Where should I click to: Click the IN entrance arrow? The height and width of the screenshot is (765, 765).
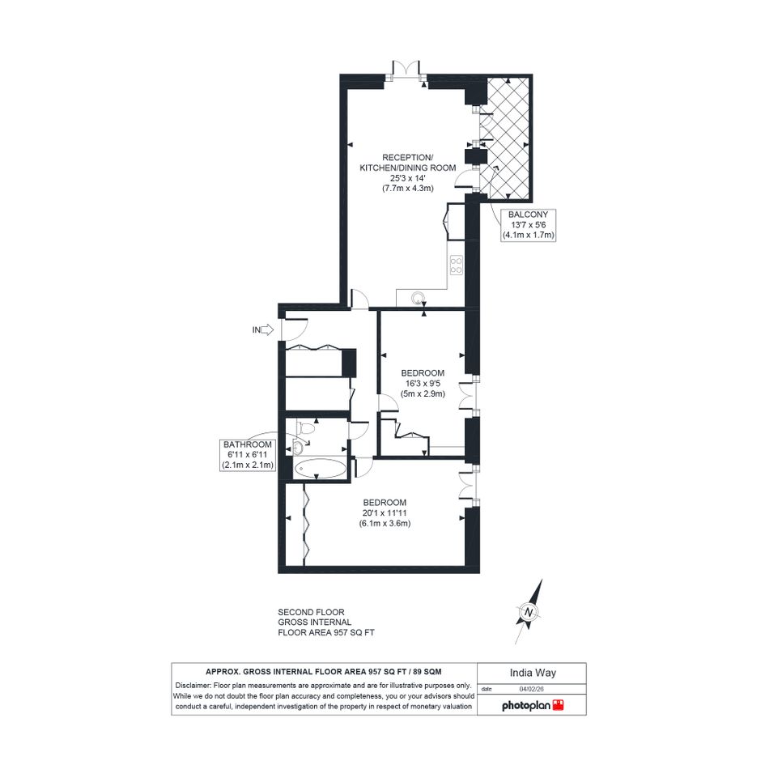click(268, 330)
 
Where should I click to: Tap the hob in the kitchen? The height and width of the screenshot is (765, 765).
click(457, 265)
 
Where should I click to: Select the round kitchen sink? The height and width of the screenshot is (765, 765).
click(418, 298)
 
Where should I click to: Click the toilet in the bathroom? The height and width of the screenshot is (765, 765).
click(305, 428)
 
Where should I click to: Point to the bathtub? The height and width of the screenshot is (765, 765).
click(321, 469)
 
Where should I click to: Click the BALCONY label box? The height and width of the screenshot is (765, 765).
click(529, 224)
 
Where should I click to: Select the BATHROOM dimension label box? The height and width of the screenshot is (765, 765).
click(248, 455)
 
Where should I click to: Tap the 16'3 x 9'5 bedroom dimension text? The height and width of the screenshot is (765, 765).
click(423, 384)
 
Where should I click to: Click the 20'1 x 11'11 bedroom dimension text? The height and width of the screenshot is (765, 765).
click(385, 512)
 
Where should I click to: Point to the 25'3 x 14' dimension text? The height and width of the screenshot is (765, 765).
click(408, 178)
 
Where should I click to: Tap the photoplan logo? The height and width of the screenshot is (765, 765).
click(533, 705)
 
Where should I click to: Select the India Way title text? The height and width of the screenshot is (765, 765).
click(533, 673)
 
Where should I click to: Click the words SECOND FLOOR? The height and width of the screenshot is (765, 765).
click(312, 612)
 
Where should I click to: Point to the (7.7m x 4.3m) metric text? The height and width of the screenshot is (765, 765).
click(408, 189)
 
